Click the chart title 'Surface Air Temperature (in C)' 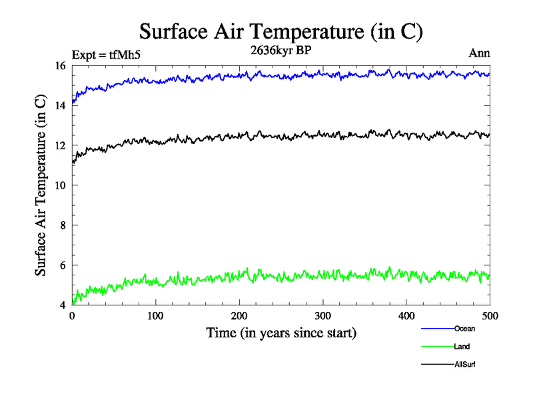point(281,32)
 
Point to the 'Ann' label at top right point(480,55)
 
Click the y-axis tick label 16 point(61,65)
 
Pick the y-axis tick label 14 point(61,105)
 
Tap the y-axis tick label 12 point(61,145)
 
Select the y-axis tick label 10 point(61,185)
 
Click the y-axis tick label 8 point(63,225)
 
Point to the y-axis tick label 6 point(63,265)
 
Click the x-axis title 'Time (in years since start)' point(281,333)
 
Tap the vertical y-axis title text point(41,186)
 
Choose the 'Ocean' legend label point(464,328)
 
